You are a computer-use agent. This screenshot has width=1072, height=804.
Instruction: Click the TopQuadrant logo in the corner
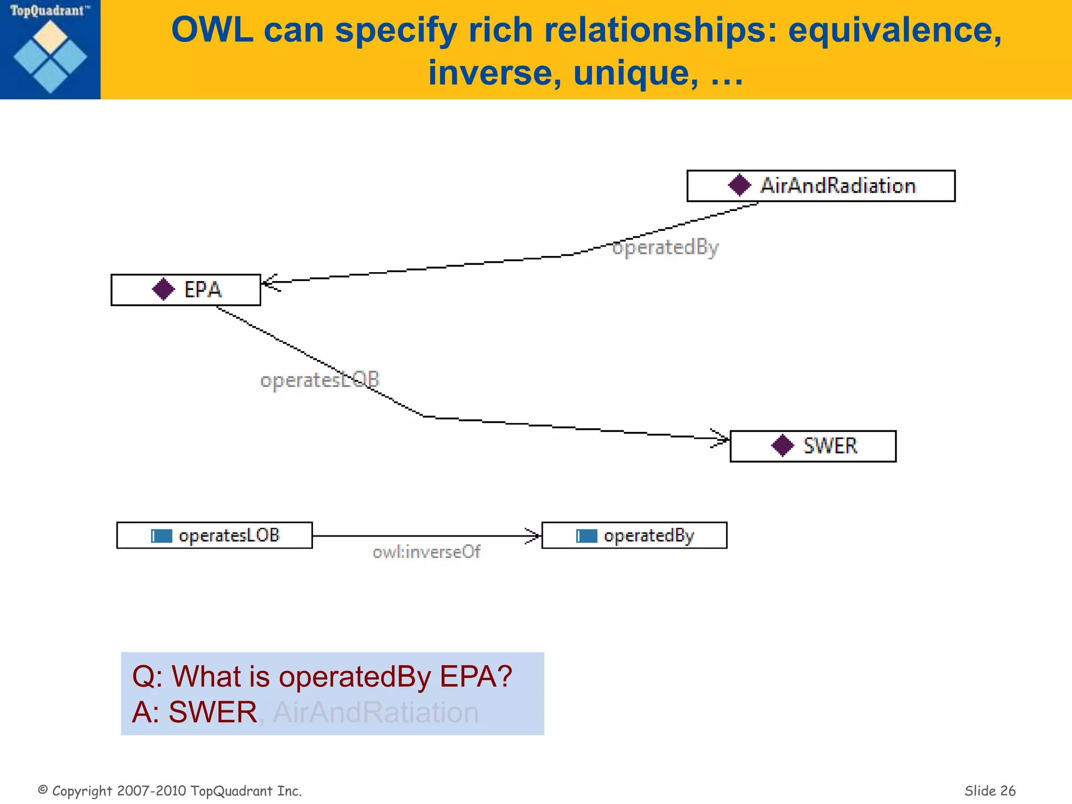pyautogui.click(x=50, y=50)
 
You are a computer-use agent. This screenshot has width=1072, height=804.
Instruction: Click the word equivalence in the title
pyautogui.click(x=895, y=30)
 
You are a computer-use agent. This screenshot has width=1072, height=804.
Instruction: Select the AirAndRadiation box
pyautogui.click(x=820, y=186)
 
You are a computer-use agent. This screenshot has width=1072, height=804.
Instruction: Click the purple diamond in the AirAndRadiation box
pyautogui.click(x=739, y=185)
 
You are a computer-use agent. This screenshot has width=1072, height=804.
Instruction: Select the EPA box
pyautogui.click(x=185, y=289)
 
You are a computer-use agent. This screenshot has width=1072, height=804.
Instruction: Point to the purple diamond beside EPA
pyautogui.click(x=163, y=289)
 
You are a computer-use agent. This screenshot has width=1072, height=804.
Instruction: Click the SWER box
pyautogui.click(x=812, y=446)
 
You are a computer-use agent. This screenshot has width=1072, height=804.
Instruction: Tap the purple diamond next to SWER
pyautogui.click(x=783, y=446)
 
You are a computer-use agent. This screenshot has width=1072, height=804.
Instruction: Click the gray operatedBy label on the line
pyautogui.click(x=665, y=247)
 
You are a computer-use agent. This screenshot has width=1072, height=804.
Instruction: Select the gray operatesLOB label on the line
pyautogui.click(x=319, y=380)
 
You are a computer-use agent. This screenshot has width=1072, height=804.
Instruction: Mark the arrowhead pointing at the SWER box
pyautogui.click(x=723, y=439)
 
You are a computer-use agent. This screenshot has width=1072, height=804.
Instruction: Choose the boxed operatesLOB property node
pyautogui.click(x=214, y=535)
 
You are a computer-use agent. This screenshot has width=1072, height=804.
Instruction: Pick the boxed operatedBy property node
pyautogui.click(x=634, y=535)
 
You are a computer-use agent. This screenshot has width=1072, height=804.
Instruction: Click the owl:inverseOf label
pyautogui.click(x=426, y=552)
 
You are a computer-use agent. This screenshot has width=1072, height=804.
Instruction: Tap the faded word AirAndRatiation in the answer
pyautogui.click(x=375, y=712)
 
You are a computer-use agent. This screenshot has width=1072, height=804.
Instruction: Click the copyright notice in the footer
pyautogui.click(x=170, y=791)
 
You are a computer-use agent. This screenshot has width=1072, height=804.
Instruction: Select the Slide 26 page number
pyautogui.click(x=989, y=791)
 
